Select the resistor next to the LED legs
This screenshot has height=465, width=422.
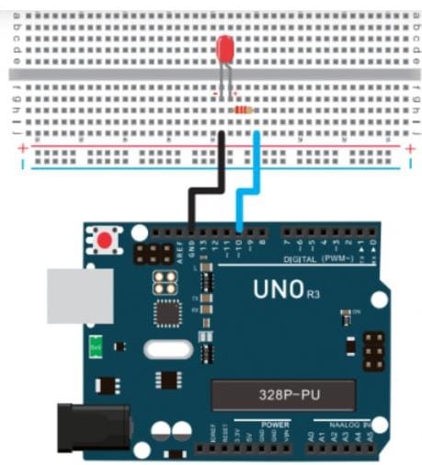(243, 109)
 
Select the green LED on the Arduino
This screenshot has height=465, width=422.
(95, 346)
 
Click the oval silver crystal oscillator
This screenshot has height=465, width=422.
(168, 350)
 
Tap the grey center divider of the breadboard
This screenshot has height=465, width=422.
(211, 74)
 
